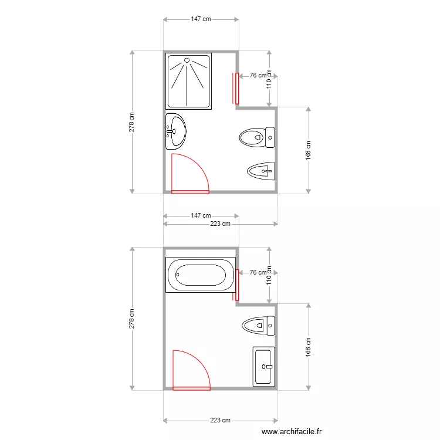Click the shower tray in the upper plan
[x=188, y=81]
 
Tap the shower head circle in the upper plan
[x=187, y=60]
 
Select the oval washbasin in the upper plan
[x=176, y=131]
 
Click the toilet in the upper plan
[x=257, y=137]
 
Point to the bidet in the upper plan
[x=261, y=171]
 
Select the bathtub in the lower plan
[x=201, y=275]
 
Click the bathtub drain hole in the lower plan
[x=177, y=275]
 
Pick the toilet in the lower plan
[x=258, y=326]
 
